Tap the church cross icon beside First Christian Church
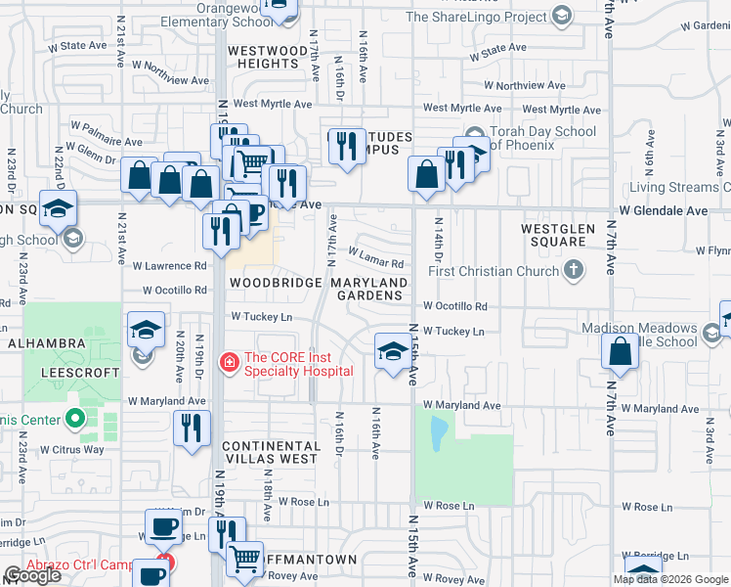coord(575,271)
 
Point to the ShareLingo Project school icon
coord(561,16)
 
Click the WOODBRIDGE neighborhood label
coord(275,283)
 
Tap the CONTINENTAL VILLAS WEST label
coord(270,451)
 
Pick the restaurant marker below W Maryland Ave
coord(191,428)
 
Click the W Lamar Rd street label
coord(375,263)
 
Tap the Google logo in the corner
coord(33,575)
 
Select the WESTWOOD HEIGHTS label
coord(261,57)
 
